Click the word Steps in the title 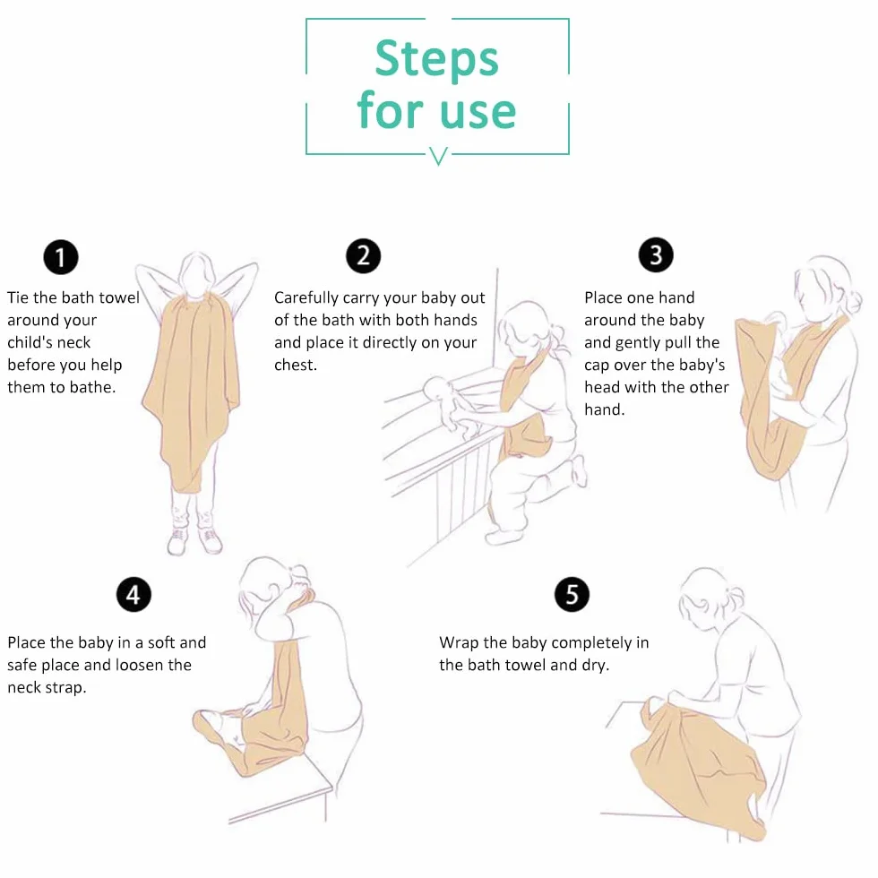click(436, 60)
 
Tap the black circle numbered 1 click(61, 257)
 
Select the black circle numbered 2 click(363, 256)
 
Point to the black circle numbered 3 click(656, 254)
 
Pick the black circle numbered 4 click(133, 594)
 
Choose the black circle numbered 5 click(572, 594)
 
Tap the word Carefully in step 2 click(306, 298)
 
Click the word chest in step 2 click(294, 366)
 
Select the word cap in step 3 click(597, 366)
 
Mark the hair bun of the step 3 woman click(854, 303)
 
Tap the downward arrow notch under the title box click(438, 156)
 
